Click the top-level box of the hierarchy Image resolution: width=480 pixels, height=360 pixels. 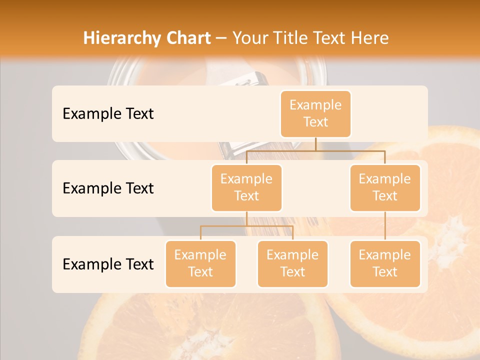[315, 113]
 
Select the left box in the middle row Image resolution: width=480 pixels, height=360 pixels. [246, 187]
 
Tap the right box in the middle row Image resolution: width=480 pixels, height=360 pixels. [385, 187]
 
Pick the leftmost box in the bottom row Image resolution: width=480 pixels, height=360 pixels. [200, 263]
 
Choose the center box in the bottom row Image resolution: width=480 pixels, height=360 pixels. [292, 263]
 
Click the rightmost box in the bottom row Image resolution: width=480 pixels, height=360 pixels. [385, 263]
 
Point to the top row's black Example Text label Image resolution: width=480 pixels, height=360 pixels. [108, 114]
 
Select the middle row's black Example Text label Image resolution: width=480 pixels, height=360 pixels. [108, 188]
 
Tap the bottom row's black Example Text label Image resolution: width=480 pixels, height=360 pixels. [108, 264]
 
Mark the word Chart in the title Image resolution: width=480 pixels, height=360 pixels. [188, 38]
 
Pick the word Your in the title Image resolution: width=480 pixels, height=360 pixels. [249, 38]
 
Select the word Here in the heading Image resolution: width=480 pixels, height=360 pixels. [370, 38]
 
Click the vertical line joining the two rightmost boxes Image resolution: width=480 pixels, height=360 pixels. [385, 226]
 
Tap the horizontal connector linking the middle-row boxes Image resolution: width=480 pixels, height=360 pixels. [315, 150]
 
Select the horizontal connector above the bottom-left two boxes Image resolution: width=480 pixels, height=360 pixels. [246, 226]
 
